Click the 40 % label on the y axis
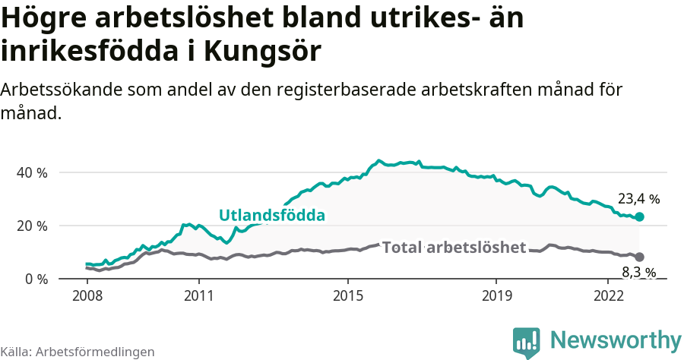point(32,172)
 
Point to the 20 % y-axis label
point(32,226)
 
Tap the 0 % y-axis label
point(36,279)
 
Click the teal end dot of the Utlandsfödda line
point(639,216)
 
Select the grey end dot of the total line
point(639,257)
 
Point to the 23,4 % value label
point(638,199)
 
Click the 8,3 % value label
point(638,272)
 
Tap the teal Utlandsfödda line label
point(272,215)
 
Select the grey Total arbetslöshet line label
point(454,248)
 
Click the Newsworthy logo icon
point(526,343)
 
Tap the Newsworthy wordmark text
point(616,339)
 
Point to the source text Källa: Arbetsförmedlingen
point(78,352)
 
